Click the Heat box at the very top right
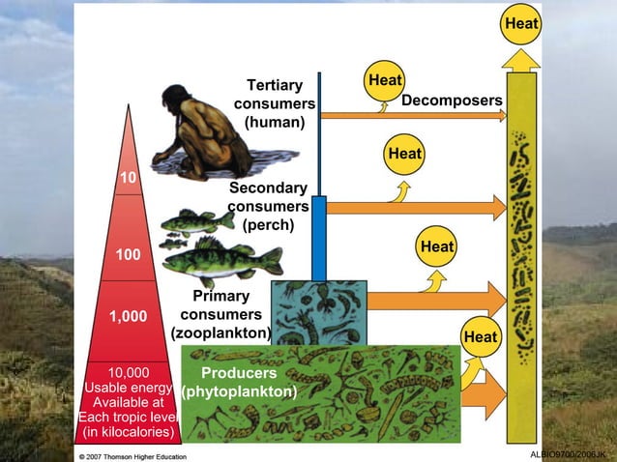pos(520,22)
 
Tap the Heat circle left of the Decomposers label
pos(385,80)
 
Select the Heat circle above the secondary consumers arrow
pos(404,154)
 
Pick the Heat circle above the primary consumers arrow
pos(437,247)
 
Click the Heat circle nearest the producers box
pos(481,336)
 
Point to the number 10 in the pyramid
pos(128,178)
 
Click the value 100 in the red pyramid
pos(128,254)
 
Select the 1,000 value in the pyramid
pos(128,316)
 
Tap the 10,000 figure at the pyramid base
pos(128,373)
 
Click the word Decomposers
pos(452,101)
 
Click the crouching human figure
pos(212,130)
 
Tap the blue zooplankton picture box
pos(318,311)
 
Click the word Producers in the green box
pos(239,373)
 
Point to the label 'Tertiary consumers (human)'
pos(275,104)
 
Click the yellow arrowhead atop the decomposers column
pos(523,60)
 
